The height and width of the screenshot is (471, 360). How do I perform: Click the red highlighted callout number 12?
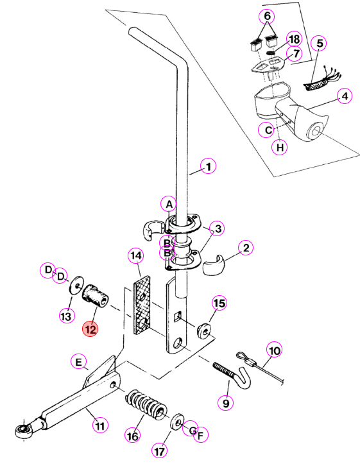[x=90, y=329]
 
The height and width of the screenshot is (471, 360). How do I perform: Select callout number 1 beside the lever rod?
[x=209, y=166]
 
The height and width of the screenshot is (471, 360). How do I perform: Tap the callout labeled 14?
[x=136, y=255]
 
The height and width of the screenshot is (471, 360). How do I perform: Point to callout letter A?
[x=169, y=205]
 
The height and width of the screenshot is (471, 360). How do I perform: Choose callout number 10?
[x=275, y=350]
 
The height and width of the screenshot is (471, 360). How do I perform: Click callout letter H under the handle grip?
[x=280, y=147]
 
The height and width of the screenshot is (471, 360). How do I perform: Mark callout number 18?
[x=294, y=39]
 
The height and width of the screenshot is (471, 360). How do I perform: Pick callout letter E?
[x=78, y=362]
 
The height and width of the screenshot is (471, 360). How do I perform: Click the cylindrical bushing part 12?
[x=95, y=296]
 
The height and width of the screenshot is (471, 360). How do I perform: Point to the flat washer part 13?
[x=76, y=285]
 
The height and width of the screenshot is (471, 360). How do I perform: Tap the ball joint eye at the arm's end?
[x=23, y=431]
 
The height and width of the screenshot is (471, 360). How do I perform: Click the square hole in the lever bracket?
[x=178, y=316]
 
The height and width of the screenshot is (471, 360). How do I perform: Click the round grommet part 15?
[x=205, y=330]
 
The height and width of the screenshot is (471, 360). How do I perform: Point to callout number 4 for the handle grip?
[x=345, y=96]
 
